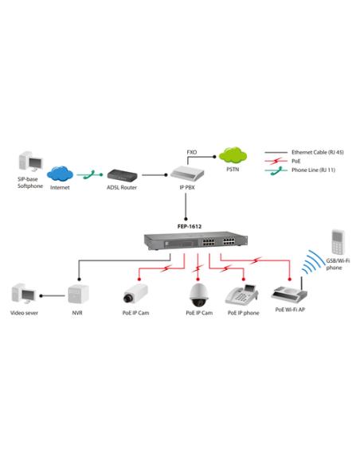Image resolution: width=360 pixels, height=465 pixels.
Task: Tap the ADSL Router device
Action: click(x=123, y=173)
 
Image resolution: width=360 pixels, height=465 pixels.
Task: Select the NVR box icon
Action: click(x=77, y=294)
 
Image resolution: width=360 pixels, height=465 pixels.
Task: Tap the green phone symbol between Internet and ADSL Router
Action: click(x=92, y=173)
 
